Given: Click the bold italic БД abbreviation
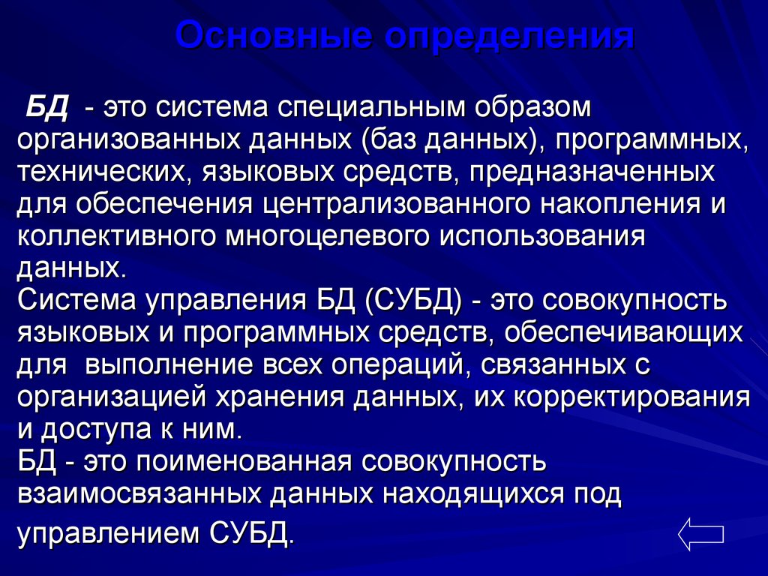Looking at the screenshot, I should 47,106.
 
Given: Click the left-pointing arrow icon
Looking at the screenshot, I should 701,533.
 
